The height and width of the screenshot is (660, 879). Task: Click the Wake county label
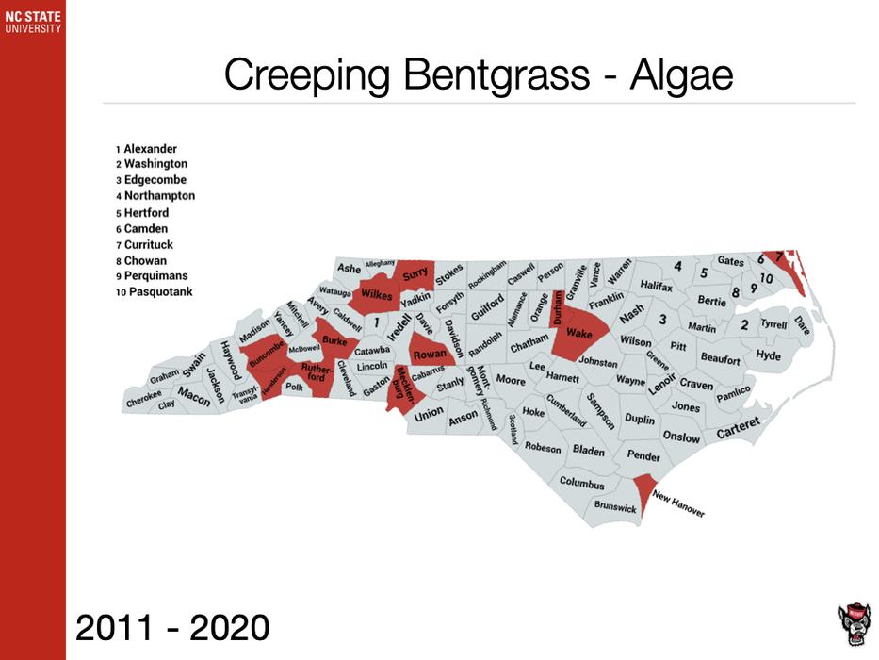578,335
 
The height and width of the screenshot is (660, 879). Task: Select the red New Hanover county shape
643,488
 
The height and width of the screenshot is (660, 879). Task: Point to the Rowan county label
430,355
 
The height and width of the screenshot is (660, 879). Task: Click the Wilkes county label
376,294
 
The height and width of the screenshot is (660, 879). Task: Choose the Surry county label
415,275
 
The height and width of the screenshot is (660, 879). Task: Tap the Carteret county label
738,427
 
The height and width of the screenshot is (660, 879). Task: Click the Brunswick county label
615,507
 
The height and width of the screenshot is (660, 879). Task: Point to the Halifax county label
656,284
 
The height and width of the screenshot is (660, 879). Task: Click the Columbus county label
581,483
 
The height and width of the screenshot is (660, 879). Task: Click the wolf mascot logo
853,623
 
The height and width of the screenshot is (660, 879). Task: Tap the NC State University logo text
32,21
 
